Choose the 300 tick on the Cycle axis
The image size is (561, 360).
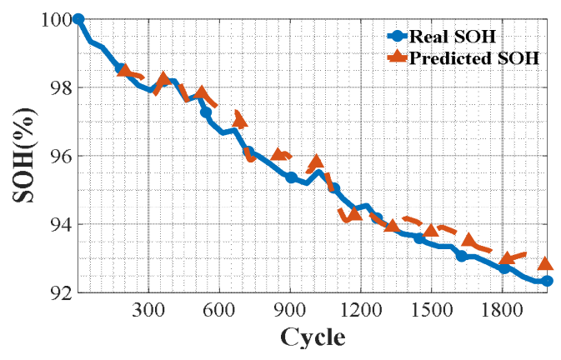click(x=148, y=310)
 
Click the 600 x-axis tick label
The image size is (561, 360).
click(x=219, y=310)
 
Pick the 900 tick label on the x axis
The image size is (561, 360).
click(x=290, y=310)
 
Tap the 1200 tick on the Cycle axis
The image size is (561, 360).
click(x=361, y=310)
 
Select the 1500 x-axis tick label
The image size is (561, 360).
click(x=432, y=310)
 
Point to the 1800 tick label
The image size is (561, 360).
click(x=503, y=310)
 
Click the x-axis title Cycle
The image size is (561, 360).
click(x=313, y=337)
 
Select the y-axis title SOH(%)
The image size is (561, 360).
click(x=24, y=156)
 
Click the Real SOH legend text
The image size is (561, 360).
click(x=453, y=36)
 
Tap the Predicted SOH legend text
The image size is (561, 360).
click(x=474, y=57)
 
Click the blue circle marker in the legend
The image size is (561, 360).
click(x=397, y=36)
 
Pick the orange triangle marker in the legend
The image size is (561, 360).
click(x=397, y=57)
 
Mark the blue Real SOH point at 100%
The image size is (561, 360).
click(x=78, y=19)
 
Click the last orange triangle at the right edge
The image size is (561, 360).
click(x=546, y=263)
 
